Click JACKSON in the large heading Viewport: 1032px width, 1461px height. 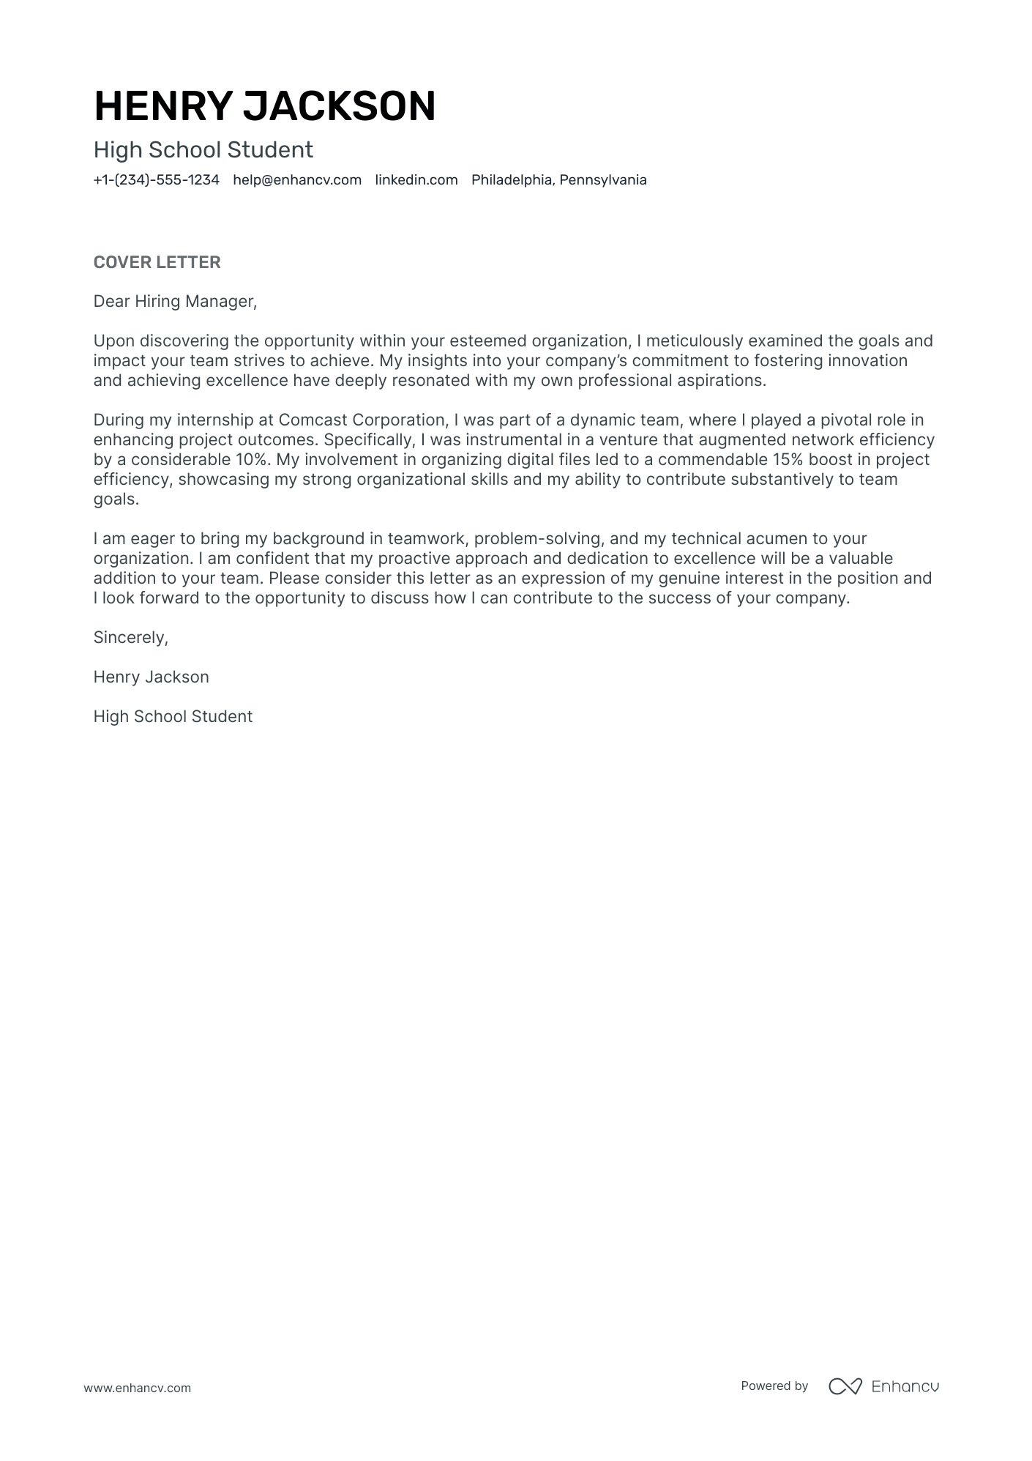click(x=339, y=106)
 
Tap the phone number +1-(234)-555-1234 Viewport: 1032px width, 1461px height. click(x=156, y=180)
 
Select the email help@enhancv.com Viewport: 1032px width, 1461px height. click(x=297, y=180)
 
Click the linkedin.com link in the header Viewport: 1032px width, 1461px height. click(x=416, y=180)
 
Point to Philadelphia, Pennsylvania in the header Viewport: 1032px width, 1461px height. click(x=558, y=180)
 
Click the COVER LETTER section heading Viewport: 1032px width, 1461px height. click(x=157, y=262)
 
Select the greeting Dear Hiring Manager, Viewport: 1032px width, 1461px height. click(x=175, y=302)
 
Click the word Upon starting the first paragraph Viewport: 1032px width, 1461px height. click(x=114, y=341)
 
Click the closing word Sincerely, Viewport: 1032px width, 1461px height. click(x=130, y=638)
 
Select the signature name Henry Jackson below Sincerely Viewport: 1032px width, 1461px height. click(x=151, y=677)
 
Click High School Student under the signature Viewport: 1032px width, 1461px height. click(x=173, y=717)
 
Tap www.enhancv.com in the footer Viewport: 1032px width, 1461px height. click(x=137, y=1388)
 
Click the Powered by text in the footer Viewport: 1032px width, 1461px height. click(x=774, y=1386)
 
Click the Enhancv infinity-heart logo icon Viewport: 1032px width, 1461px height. click(x=845, y=1386)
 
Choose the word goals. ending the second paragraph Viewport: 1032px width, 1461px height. click(x=116, y=499)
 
